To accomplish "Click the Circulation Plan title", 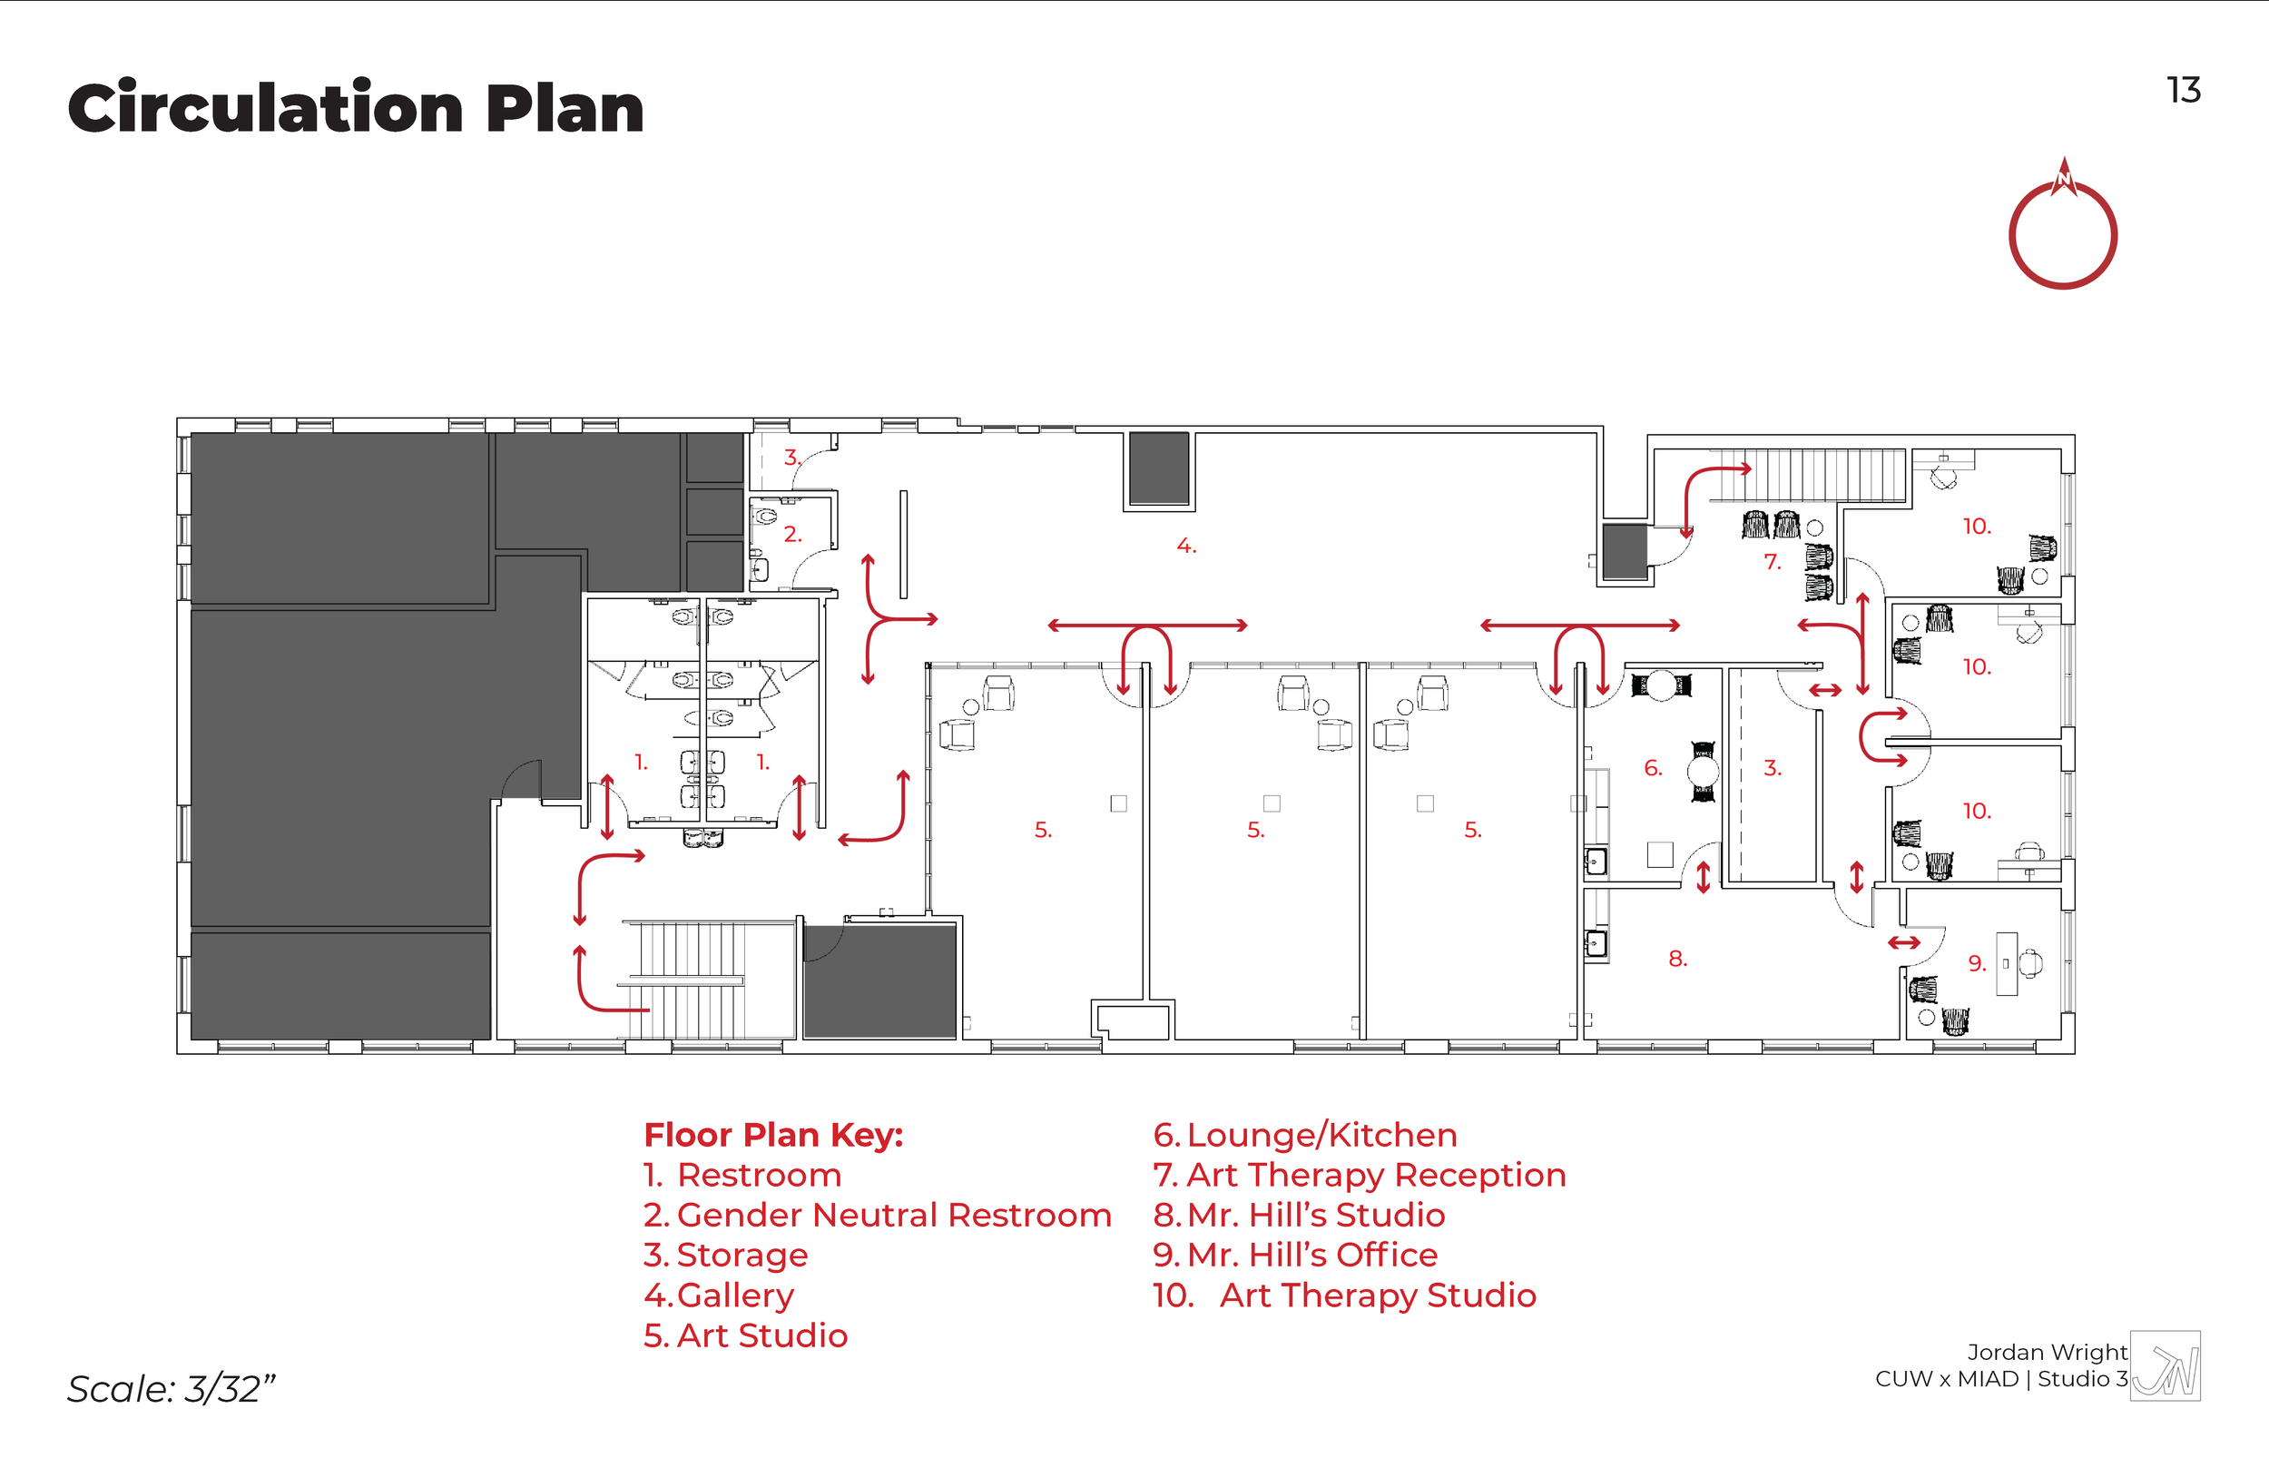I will pyautogui.click(x=356, y=108).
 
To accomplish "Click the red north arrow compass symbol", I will pyautogui.click(x=2062, y=229).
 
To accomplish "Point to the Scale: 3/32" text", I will pyautogui.click(x=171, y=1389).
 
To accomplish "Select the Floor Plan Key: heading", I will pyautogui.click(x=773, y=1135).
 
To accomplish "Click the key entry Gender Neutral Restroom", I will pyautogui.click(x=894, y=1215).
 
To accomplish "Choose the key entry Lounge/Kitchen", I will pyautogui.click(x=1321, y=1135).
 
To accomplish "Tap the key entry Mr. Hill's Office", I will pyautogui.click(x=1311, y=1255).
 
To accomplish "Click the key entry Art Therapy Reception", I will pyautogui.click(x=1375, y=1175).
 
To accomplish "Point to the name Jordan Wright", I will pyautogui.click(x=2046, y=1352).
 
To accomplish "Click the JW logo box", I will pyautogui.click(x=2166, y=1366).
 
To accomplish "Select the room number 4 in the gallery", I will pyautogui.click(x=1185, y=547).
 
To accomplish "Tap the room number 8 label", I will pyautogui.click(x=1677, y=959).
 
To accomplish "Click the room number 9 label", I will pyautogui.click(x=1977, y=964).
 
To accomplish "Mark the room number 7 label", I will pyautogui.click(x=1772, y=561).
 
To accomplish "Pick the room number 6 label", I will pyautogui.click(x=1653, y=767).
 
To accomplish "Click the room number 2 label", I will pyautogui.click(x=792, y=535).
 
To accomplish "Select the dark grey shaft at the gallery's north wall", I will pyautogui.click(x=1158, y=468).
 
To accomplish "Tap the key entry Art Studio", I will pyautogui.click(x=761, y=1335).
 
